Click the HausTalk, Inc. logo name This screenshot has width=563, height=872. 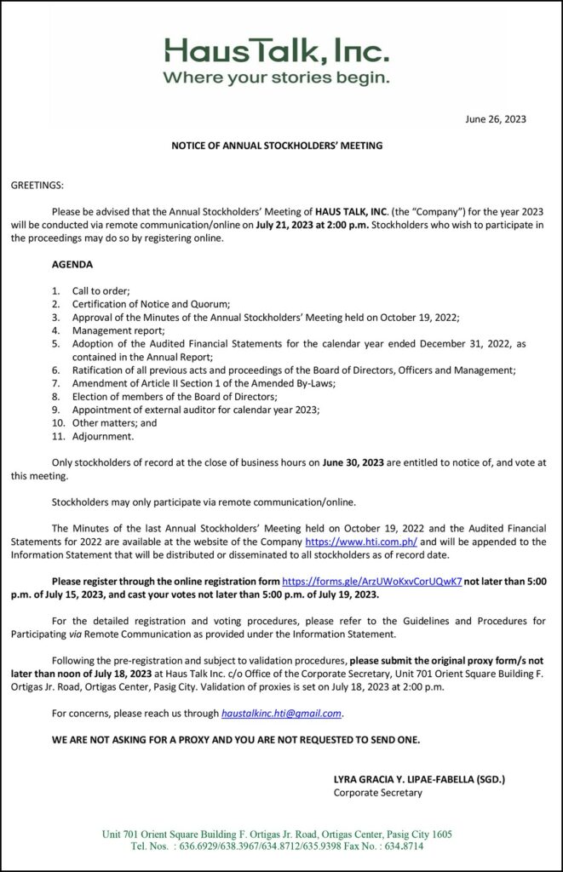278,54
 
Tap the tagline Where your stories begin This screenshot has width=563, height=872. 277,79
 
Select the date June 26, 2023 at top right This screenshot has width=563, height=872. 496,119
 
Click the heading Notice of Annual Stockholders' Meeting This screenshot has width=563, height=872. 278,146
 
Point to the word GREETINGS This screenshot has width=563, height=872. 37,186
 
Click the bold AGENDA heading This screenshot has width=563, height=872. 72,265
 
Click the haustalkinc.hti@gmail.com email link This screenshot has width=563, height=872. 281,713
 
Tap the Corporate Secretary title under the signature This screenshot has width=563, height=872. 377,793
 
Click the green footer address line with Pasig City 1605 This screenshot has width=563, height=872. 277,834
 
